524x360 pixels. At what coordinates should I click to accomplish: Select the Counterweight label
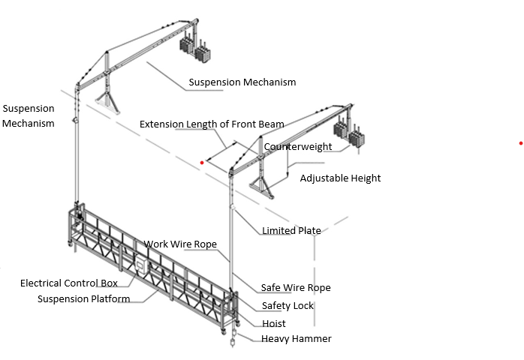pyautogui.click(x=298, y=147)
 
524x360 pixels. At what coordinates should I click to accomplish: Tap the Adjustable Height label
pyautogui.click(x=340, y=178)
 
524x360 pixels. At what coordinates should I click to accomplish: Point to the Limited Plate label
pyautogui.click(x=291, y=231)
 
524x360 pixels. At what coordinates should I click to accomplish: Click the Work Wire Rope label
pyautogui.click(x=180, y=244)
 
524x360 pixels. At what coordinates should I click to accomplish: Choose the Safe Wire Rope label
pyautogui.click(x=295, y=288)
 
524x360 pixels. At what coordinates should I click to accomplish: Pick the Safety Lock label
pyautogui.click(x=288, y=306)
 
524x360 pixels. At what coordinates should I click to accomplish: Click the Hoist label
pyautogui.click(x=273, y=324)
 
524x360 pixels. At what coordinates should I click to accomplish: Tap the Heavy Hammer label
pyautogui.click(x=296, y=339)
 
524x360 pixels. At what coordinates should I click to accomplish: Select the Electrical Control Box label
pyautogui.click(x=68, y=283)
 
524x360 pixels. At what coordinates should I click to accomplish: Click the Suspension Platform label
pyautogui.click(x=83, y=299)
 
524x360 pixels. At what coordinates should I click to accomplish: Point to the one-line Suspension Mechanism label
pyautogui.click(x=242, y=82)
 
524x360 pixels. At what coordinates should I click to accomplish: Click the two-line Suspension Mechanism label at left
pyautogui.click(x=28, y=115)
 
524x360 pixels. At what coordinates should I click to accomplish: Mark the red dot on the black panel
pyautogui.click(x=520, y=143)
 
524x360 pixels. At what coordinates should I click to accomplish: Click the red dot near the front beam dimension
pyautogui.click(x=202, y=162)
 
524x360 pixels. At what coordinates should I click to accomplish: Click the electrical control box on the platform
pyautogui.click(x=140, y=265)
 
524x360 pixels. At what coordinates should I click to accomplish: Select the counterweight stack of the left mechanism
pyautogui.click(x=194, y=48)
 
